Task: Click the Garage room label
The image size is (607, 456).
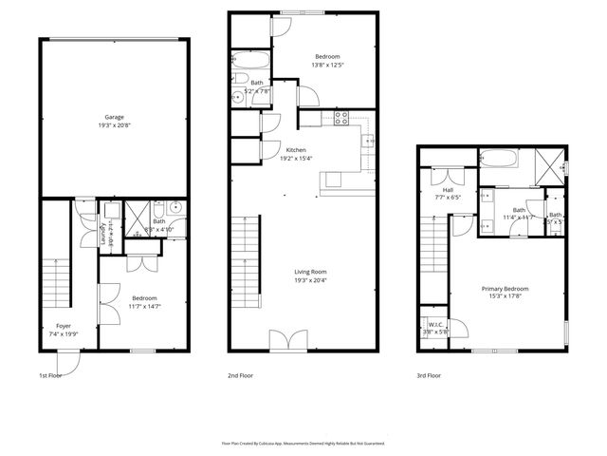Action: click(x=113, y=118)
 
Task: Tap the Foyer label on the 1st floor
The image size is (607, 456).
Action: click(x=64, y=326)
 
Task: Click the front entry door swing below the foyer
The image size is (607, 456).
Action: click(x=66, y=361)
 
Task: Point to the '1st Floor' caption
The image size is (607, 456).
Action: click(x=51, y=375)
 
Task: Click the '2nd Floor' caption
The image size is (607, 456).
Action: click(x=240, y=375)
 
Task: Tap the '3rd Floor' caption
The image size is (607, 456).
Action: click(x=429, y=375)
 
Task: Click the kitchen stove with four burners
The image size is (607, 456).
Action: click(x=342, y=118)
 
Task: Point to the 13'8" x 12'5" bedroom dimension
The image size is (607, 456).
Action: click(x=327, y=66)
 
